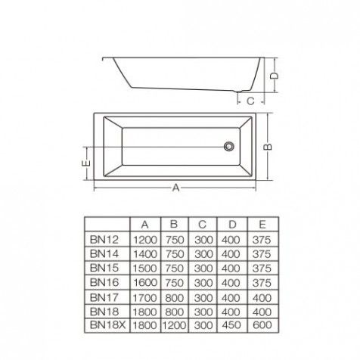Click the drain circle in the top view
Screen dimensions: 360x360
click(229, 146)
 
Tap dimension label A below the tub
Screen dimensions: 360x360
click(176, 188)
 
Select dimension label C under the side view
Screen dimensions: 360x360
click(250, 101)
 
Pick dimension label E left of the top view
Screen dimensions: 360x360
click(86, 163)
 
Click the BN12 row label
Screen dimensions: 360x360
click(104, 240)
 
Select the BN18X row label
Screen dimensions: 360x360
click(107, 325)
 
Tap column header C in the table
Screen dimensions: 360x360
click(202, 225)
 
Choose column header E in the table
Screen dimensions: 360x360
click(262, 225)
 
